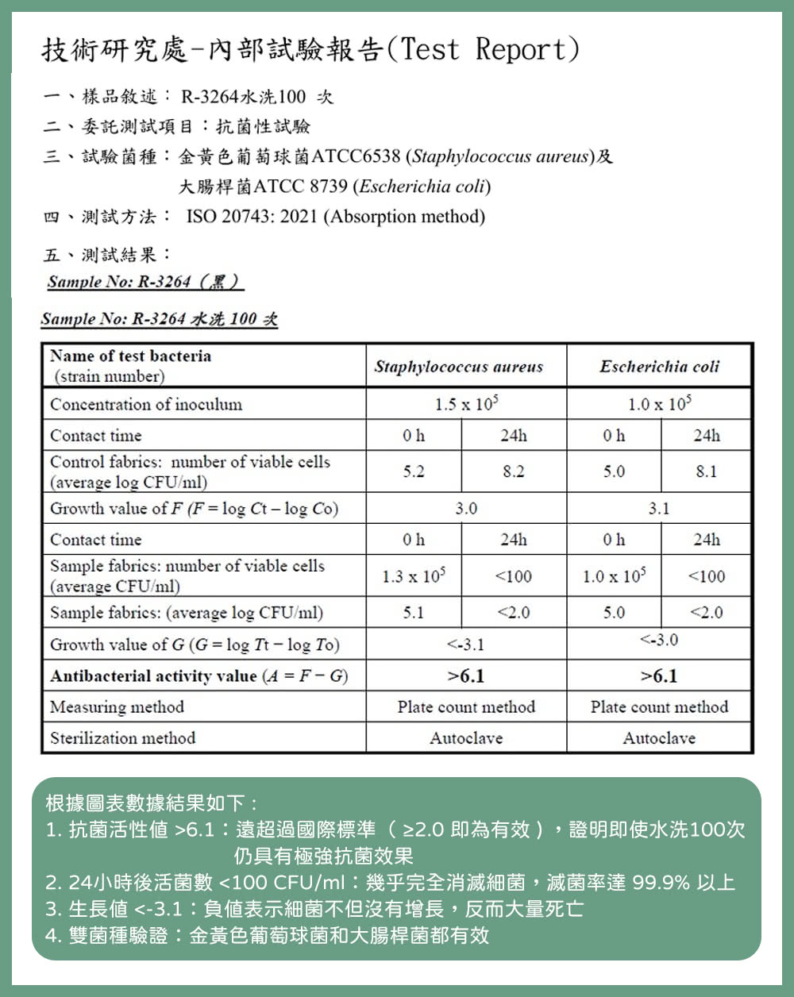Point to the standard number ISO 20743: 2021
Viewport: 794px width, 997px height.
(252, 217)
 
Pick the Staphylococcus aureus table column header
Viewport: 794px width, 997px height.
(459, 367)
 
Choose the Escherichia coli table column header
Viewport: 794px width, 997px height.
(659, 367)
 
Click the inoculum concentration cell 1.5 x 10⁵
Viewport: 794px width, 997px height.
(466, 404)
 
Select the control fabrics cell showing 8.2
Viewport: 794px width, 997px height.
(514, 472)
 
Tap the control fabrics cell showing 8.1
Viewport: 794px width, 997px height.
(706, 472)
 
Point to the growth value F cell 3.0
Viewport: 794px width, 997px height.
(466, 508)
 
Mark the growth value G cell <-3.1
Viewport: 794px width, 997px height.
(466, 645)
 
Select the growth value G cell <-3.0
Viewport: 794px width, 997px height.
(659, 640)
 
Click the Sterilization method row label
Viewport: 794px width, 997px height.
(122, 738)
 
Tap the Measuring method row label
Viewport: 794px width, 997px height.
(117, 707)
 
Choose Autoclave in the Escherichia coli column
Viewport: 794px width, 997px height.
(659, 738)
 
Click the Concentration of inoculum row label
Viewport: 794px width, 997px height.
(146, 404)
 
